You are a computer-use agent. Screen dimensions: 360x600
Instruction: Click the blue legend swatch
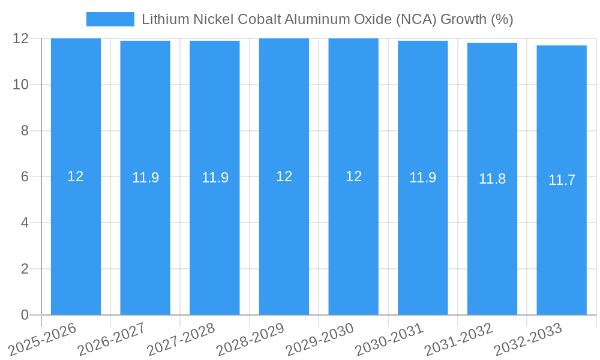[110, 19]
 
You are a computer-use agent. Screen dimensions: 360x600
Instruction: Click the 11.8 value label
[492, 179]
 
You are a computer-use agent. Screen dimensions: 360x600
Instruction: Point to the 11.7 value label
[562, 180]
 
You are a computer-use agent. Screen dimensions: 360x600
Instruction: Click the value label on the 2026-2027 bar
[145, 178]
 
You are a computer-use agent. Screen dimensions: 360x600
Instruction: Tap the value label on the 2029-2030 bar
[353, 176]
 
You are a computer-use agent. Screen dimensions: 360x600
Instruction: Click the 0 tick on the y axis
[25, 315]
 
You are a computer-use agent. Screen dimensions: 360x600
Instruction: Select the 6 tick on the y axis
[25, 176]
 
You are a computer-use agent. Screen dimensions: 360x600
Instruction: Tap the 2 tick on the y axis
[25, 269]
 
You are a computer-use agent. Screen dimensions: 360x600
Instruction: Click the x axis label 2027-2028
[181, 339]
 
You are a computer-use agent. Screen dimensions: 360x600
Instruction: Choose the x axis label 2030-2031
[389, 339]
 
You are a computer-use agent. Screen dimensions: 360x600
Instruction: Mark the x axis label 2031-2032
[459, 339]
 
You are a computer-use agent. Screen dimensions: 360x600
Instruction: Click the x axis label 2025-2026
[43, 339]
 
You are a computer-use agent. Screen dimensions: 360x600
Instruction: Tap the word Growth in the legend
[463, 19]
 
